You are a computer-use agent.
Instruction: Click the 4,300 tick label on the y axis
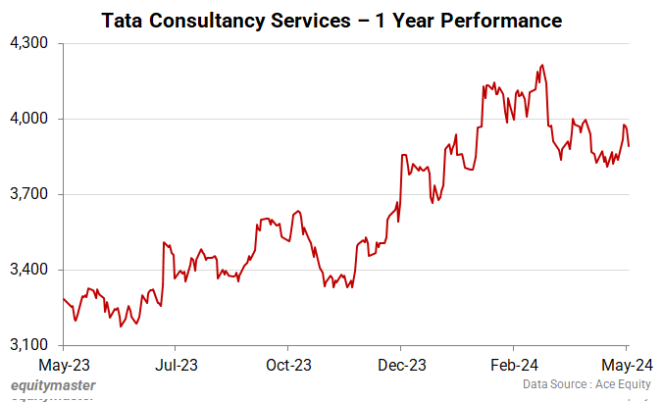point(32,44)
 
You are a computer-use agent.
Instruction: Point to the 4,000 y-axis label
point(32,120)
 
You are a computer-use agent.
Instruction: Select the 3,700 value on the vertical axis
point(32,195)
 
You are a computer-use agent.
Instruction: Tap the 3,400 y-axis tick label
point(32,270)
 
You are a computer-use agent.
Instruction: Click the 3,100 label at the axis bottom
point(32,345)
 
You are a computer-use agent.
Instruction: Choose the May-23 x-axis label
point(63,364)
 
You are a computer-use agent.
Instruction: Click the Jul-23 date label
point(176,364)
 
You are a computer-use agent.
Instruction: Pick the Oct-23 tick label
point(288,364)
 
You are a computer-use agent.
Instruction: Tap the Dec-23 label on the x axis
point(401,364)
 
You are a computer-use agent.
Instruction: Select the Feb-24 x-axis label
point(514,364)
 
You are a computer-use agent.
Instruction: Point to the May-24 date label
point(627,364)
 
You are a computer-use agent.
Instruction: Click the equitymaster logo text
point(53,386)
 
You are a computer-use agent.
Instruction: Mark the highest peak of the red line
point(541,66)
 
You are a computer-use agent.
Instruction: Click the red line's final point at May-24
point(629,146)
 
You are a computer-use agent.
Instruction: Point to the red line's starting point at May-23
point(64,298)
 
